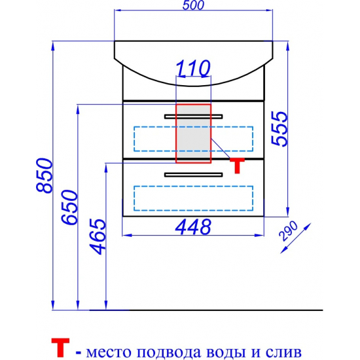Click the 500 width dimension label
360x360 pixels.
[193, 5]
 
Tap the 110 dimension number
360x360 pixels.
[193, 68]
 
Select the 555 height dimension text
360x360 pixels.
[279, 128]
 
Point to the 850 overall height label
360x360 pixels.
[45, 175]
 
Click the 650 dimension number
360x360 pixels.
[69, 207]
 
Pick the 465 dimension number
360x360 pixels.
[98, 237]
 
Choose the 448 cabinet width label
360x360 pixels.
[193, 227]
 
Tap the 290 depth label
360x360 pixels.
[288, 231]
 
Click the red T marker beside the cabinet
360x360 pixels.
[238, 166]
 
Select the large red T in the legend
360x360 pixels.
[60, 347]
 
